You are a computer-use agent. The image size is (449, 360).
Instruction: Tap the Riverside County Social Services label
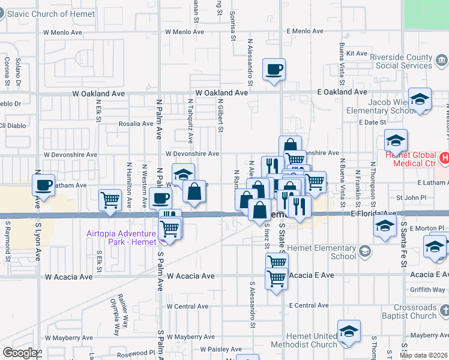click(401, 61)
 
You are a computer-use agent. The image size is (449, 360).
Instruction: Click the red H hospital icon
click(444, 158)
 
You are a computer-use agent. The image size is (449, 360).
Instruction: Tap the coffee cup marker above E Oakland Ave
click(274, 70)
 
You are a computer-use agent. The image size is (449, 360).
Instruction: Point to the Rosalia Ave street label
click(136, 124)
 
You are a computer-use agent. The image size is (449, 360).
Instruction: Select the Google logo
click(20, 353)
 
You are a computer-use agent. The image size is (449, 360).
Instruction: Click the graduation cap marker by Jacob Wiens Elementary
click(420, 100)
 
